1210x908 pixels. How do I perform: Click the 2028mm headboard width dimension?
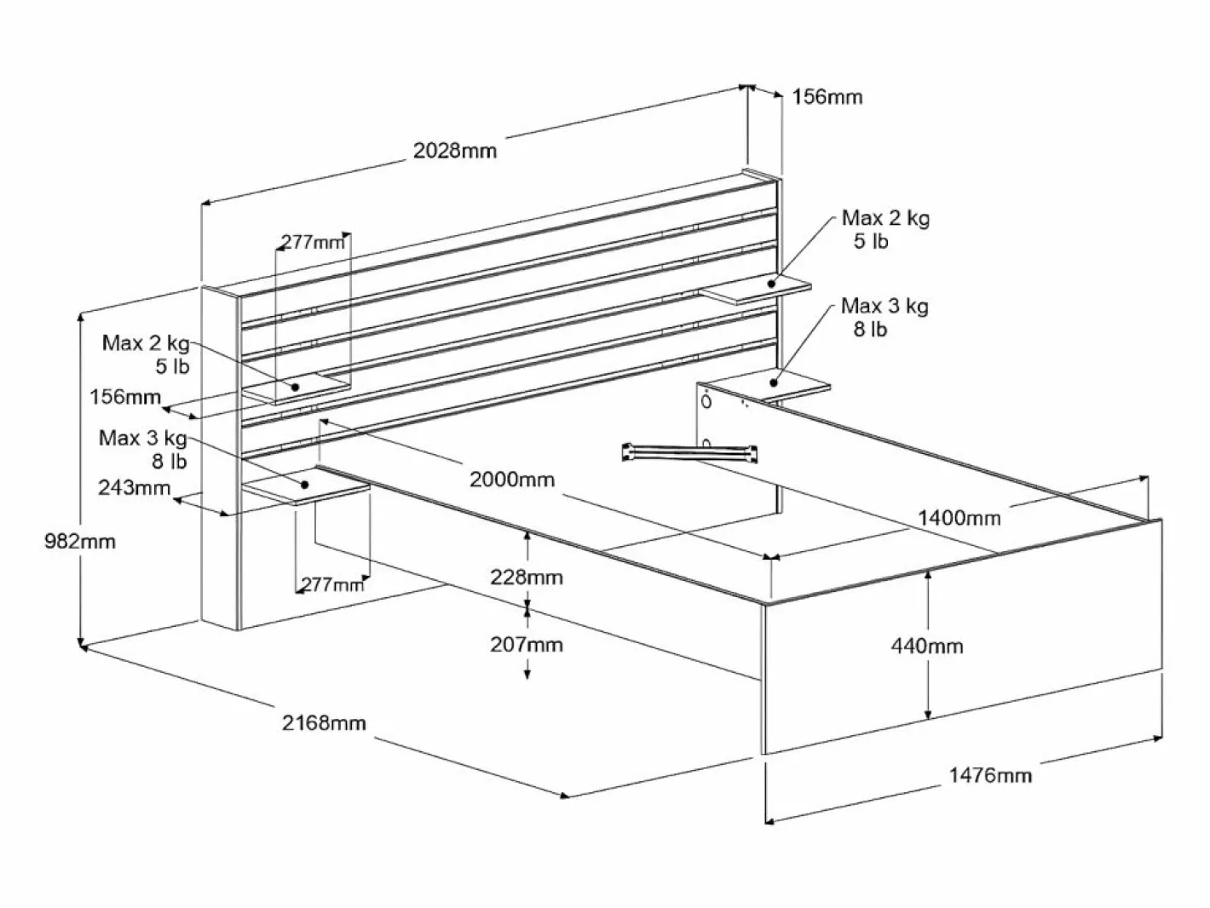(x=455, y=151)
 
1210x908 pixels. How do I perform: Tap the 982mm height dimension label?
(x=80, y=542)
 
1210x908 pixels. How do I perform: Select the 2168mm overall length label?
(x=324, y=722)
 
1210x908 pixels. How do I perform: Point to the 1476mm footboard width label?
(x=990, y=775)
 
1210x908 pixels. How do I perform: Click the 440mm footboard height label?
(x=927, y=646)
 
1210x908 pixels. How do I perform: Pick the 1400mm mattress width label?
(x=959, y=518)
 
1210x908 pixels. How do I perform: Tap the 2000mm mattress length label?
(x=512, y=480)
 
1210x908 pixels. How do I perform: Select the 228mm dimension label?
(x=527, y=578)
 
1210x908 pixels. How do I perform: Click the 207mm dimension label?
(x=527, y=645)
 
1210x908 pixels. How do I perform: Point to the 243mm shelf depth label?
(x=134, y=487)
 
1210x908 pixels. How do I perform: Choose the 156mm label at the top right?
(x=827, y=97)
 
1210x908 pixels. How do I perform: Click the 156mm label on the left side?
(x=125, y=397)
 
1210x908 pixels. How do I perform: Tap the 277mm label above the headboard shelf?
(x=313, y=242)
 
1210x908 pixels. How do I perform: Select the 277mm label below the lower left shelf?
(x=332, y=584)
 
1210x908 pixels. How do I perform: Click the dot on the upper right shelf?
(x=771, y=283)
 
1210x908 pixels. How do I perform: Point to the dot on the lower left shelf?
(x=304, y=485)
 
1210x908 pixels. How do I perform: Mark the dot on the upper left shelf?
(x=295, y=388)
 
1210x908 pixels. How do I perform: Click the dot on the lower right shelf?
(x=774, y=382)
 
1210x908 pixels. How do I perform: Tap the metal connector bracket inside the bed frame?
(x=689, y=453)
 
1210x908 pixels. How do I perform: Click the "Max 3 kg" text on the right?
(x=884, y=306)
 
